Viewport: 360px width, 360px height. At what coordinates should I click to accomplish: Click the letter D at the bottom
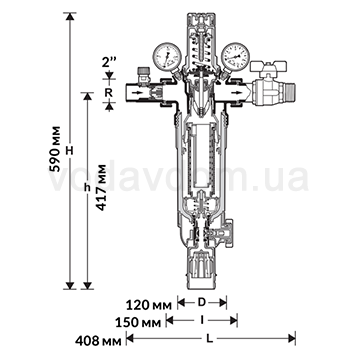pyautogui.click(x=202, y=301)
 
